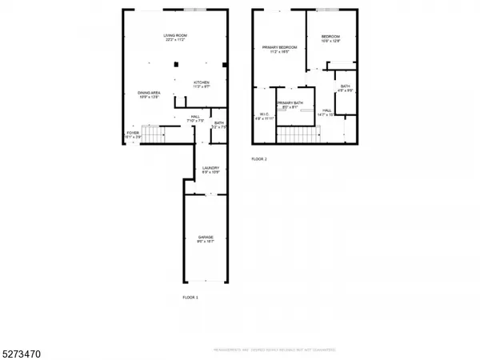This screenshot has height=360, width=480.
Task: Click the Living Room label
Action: tap(175, 35)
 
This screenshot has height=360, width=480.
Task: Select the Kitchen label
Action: tap(201, 82)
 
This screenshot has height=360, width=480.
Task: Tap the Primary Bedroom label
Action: tap(280, 47)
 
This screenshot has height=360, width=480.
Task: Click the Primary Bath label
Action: tap(289, 102)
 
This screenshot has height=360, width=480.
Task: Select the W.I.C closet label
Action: tap(264, 114)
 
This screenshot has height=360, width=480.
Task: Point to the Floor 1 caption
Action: tap(190, 298)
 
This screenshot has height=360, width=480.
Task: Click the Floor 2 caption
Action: tap(259, 159)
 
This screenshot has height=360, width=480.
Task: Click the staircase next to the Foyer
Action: tap(152, 132)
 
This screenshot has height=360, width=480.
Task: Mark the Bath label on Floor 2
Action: tap(345, 86)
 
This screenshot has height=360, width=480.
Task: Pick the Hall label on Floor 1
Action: tap(195, 117)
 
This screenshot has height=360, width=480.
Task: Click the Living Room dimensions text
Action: tap(175, 40)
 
